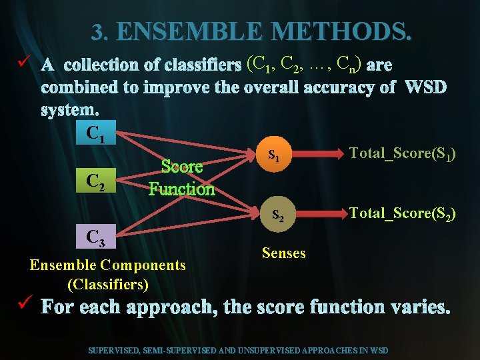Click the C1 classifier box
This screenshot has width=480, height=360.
click(x=96, y=133)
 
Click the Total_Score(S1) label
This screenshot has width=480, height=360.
click(x=402, y=153)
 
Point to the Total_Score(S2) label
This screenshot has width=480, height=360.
click(x=403, y=213)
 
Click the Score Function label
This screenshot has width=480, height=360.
click(x=182, y=179)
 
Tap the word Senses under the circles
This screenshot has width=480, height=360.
click(x=284, y=253)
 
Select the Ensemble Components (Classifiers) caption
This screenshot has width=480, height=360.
click(x=108, y=275)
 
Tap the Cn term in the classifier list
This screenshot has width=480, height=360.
click(x=349, y=65)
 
